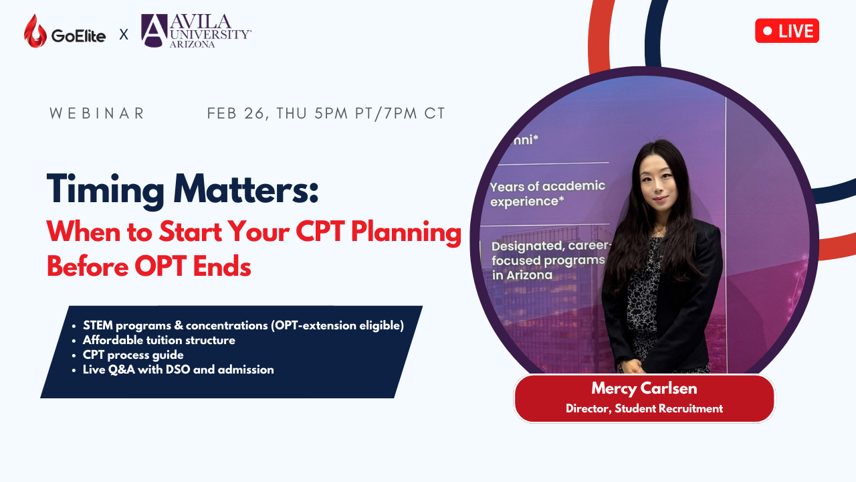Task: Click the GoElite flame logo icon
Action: (x=35, y=31)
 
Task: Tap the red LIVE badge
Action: (x=787, y=31)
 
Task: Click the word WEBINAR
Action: (x=97, y=113)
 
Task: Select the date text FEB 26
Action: (x=235, y=114)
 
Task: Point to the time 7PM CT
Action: (x=415, y=113)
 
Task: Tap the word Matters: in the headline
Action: (x=245, y=188)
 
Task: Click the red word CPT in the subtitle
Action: (x=320, y=231)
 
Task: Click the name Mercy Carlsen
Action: (x=644, y=388)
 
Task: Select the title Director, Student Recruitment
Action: (x=644, y=408)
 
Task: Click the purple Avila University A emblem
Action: (x=154, y=31)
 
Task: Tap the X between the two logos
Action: (x=124, y=35)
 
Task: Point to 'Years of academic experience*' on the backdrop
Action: (x=547, y=194)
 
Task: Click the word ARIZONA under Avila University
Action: (x=192, y=44)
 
